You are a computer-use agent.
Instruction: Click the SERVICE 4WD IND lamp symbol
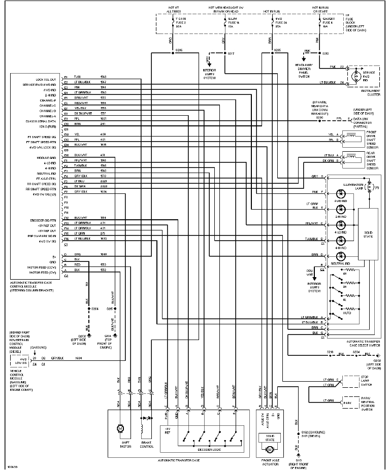coord(354,75)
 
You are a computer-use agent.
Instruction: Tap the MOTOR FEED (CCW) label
coord(43,266)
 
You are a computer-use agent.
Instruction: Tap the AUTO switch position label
coord(346,313)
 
